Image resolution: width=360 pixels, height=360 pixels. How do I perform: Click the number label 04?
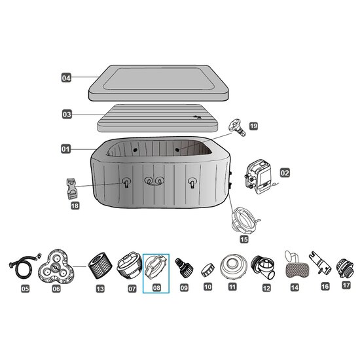pos(66,78)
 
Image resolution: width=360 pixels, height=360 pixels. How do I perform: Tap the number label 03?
pos(67,115)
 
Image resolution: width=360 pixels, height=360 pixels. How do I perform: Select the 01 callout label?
pos(65,149)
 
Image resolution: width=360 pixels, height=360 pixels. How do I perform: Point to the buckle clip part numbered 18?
pos(72,189)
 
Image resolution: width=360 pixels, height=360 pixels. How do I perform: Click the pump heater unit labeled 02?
pos(260,177)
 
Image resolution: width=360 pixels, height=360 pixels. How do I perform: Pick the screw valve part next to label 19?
pos(238,128)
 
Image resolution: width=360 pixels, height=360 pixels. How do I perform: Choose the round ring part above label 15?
pos(245,220)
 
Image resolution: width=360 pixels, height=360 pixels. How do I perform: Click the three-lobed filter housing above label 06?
pos(56,266)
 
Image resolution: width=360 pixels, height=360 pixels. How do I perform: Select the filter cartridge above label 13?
pos(100,266)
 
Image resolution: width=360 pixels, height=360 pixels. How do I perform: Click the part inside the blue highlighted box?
pos(156,267)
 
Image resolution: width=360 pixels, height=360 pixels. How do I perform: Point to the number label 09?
pos(184,288)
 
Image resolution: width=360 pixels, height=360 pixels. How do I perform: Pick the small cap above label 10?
pos(207,270)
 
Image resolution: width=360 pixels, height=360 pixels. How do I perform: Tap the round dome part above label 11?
pos(234,267)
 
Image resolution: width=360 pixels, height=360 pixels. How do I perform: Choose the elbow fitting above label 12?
pos(263,267)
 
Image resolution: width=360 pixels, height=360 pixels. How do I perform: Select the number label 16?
pos(325,287)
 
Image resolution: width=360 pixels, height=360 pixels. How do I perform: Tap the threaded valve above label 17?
pos(345,268)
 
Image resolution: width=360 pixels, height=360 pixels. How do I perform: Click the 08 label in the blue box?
pos(156,288)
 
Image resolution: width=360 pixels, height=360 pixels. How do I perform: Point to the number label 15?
pos(244,240)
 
